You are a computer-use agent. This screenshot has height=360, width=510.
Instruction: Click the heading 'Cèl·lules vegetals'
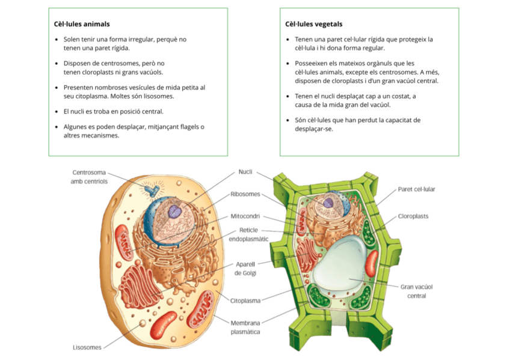tap(313, 24)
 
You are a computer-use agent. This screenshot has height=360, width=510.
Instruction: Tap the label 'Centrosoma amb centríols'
tap(89, 177)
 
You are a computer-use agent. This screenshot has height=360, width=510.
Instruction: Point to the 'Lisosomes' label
tap(87, 347)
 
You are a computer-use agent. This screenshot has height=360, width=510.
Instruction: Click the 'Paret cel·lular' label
tap(416, 189)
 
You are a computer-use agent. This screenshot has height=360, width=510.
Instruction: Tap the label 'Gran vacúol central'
tap(417, 291)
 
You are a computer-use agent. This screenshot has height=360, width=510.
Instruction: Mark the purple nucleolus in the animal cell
tap(174, 211)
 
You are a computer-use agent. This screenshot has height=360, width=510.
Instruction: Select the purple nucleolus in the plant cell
tap(328, 203)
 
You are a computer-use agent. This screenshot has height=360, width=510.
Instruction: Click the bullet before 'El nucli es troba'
tap(57, 111)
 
